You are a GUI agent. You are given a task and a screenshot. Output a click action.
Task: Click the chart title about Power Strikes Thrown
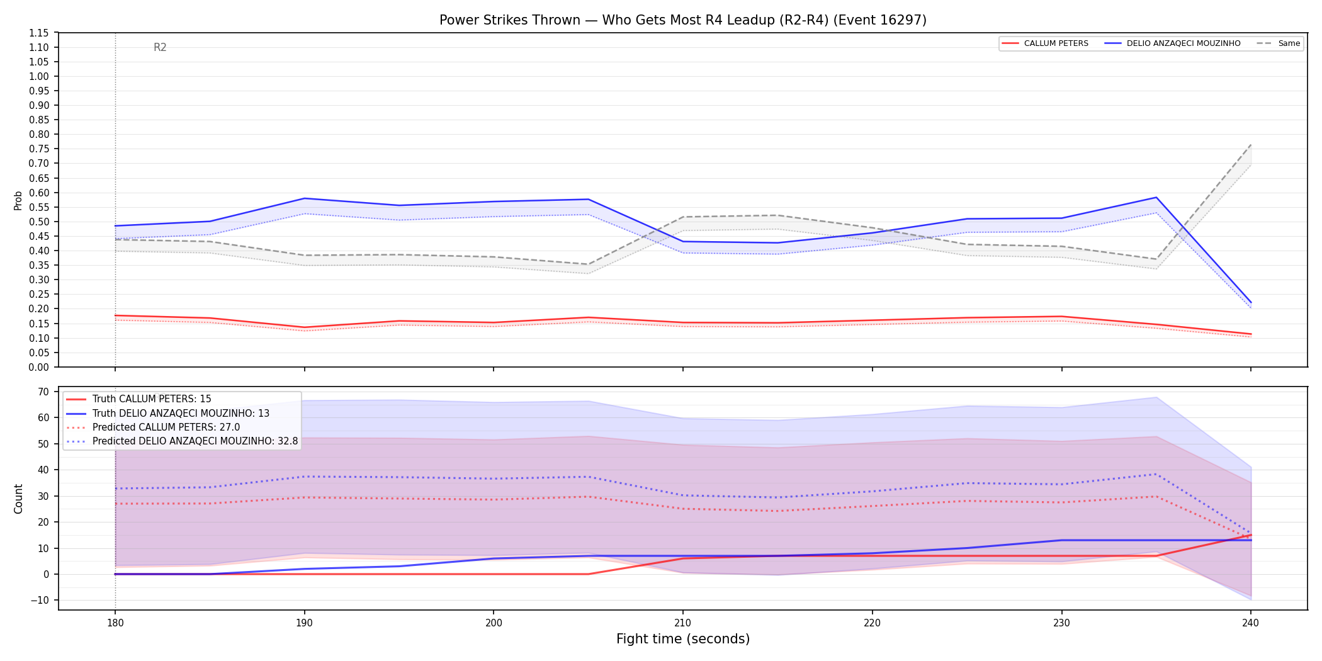(683, 20)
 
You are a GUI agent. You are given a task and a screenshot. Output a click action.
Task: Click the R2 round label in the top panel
(160, 47)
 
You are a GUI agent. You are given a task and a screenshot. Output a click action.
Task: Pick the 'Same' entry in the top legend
(1279, 43)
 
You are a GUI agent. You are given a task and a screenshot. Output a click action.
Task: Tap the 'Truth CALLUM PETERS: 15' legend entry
(138, 399)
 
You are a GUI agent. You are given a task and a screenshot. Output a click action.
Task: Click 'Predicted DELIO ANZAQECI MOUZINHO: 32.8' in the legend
(182, 441)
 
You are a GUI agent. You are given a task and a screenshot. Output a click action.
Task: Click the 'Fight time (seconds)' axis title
(683, 639)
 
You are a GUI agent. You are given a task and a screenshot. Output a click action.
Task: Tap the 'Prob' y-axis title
(18, 200)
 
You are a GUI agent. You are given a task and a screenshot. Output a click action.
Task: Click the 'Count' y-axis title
(18, 499)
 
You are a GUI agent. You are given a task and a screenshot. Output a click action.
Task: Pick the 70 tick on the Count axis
(43, 392)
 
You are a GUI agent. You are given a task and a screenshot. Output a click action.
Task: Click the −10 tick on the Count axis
(39, 600)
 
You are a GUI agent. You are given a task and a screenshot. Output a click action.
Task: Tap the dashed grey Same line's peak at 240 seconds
(1251, 145)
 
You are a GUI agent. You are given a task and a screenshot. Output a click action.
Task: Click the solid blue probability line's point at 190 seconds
(305, 198)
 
